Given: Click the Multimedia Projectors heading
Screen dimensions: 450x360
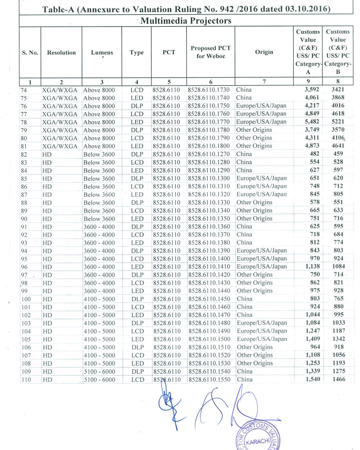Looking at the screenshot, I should [187, 21].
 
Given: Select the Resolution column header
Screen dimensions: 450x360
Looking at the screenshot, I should [61, 53].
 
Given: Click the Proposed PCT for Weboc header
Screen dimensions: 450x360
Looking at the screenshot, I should [210, 53].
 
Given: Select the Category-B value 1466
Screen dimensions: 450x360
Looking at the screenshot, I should [339, 380].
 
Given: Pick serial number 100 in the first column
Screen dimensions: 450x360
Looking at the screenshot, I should [26, 299].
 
